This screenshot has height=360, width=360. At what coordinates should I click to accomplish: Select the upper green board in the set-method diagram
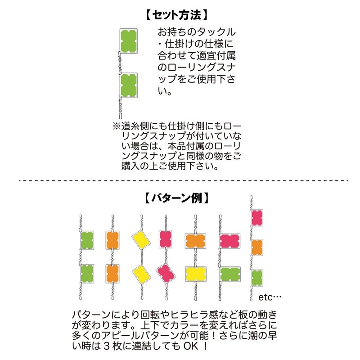tap(129, 40)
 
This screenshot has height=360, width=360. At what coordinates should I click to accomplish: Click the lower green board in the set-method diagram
tap(129, 85)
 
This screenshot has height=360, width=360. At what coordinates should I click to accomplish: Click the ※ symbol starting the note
tap(116, 126)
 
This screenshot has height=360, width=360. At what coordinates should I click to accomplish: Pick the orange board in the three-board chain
tap(257, 247)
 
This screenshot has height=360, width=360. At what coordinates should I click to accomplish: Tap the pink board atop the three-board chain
tap(257, 218)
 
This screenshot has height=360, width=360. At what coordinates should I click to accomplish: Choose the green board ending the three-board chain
tap(257, 278)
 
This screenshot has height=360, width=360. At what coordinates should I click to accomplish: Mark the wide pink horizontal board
tap(231, 241)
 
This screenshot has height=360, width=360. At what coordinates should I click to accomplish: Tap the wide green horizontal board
tap(231, 274)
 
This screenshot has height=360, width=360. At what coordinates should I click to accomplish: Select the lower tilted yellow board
tap(141, 273)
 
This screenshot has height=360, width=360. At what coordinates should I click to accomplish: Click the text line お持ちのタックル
tap(196, 33)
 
